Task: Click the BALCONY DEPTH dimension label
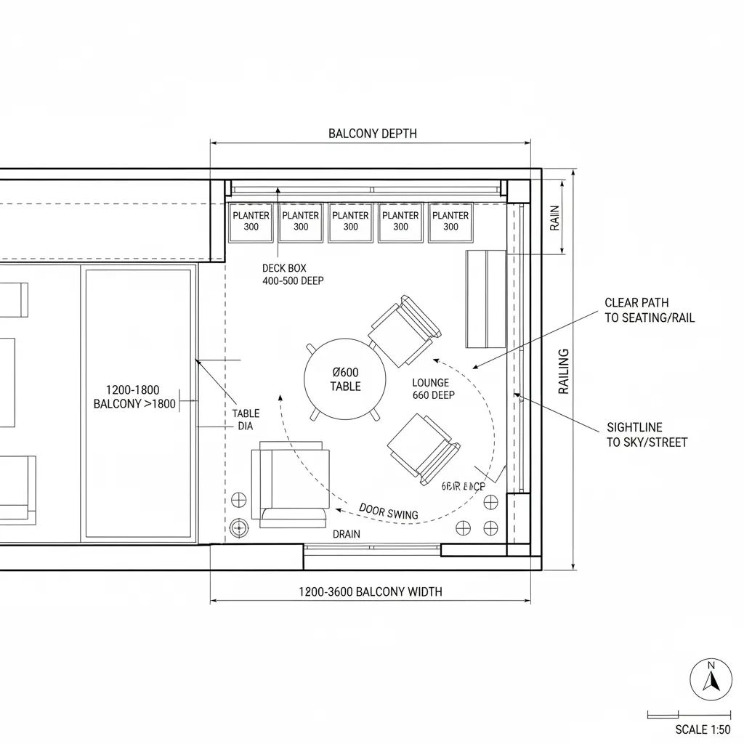[372, 134]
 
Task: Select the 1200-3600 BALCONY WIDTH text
[370, 591]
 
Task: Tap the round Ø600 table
[345, 379]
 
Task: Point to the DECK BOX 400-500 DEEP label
[293, 274]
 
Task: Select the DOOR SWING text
[389, 511]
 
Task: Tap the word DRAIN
[346, 534]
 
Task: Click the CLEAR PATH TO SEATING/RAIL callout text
[649, 310]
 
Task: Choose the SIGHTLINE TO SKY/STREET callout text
[647, 434]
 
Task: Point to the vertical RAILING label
[564, 371]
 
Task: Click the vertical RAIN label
[555, 217]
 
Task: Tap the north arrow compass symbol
[711, 680]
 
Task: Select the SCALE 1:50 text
[702, 729]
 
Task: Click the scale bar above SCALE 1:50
[688, 715]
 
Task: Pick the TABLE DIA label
[246, 420]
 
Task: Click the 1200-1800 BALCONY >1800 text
[134, 397]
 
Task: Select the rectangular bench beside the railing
[485, 299]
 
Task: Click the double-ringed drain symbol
[238, 527]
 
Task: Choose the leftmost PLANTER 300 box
[251, 222]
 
